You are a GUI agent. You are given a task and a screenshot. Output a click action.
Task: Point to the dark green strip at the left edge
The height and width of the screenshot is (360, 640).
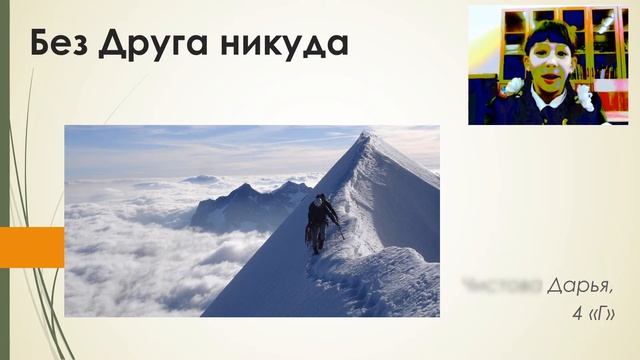[4, 180]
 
